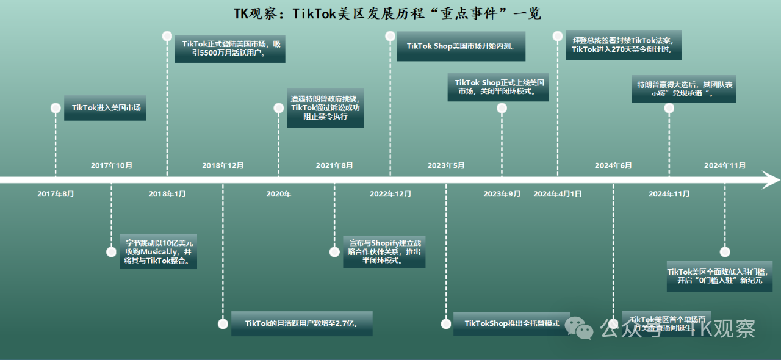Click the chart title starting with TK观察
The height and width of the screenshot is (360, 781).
[x=387, y=13]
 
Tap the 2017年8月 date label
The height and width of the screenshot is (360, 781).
[x=56, y=194]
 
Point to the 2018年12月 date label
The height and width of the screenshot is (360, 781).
[x=223, y=165]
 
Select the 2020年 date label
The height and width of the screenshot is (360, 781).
[x=278, y=194]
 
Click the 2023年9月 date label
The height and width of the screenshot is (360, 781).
[x=502, y=194]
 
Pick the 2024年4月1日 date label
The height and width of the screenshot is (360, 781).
[x=557, y=194]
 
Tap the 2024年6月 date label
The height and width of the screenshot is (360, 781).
[x=613, y=165]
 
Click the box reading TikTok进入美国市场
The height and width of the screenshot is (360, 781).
[x=105, y=108]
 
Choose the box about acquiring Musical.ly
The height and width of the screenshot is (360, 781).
[x=158, y=251]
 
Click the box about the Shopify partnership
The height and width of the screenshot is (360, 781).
[x=384, y=251]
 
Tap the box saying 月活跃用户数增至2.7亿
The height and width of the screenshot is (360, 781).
[x=301, y=323]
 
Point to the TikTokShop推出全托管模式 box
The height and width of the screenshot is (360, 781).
[x=511, y=323]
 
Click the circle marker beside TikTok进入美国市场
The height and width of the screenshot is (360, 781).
[x=56, y=108]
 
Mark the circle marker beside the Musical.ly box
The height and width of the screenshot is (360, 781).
[x=111, y=251]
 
